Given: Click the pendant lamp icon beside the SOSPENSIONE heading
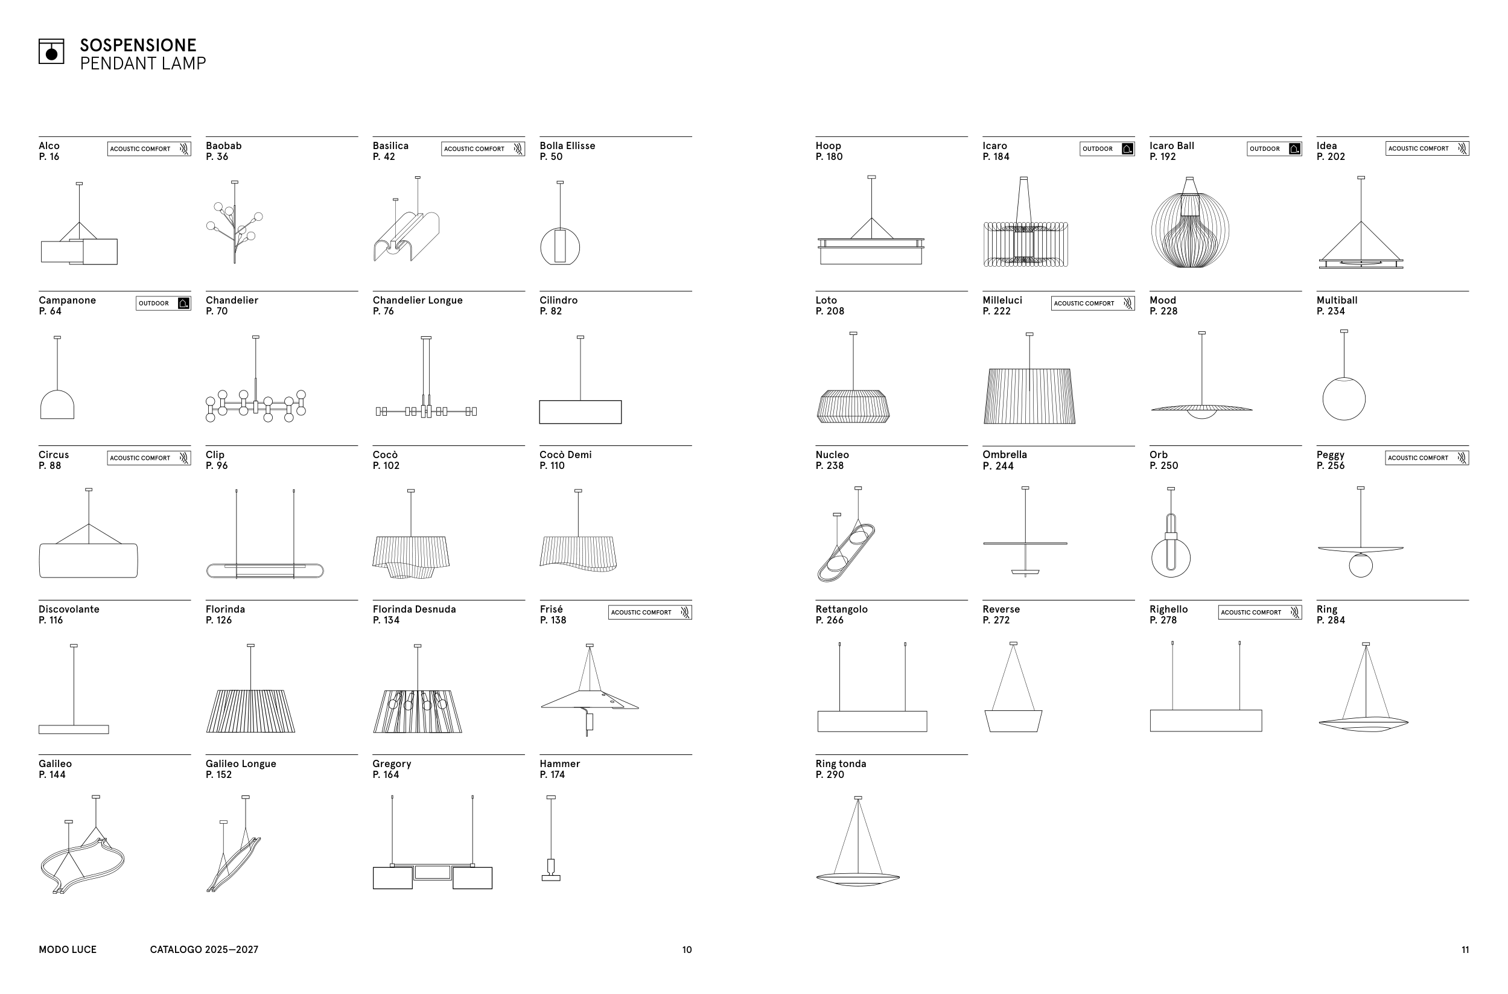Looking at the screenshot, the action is [51, 51].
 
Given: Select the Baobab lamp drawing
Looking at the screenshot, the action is [235, 222].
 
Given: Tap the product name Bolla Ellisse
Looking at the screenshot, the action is [567, 146].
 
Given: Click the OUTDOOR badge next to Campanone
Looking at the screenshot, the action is [164, 303].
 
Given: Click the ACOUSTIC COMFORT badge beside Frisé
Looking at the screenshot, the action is [650, 613].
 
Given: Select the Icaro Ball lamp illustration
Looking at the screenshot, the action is [1190, 222].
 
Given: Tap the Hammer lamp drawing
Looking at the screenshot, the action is [551, 838].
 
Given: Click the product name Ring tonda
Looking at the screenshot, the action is [841, 764].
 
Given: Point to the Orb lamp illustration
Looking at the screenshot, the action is [1171, 532].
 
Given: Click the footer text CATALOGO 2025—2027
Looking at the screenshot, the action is [204, 949].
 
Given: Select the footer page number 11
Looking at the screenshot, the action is [1465, 949].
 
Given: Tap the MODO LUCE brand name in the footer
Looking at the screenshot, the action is [68, 949].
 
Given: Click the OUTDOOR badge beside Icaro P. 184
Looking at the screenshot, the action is [1107, 149].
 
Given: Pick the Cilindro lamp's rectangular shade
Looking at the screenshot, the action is [580, 412].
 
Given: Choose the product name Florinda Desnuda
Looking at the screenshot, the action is [414, 609].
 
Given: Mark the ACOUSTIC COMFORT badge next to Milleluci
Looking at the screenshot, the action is [1093, 303].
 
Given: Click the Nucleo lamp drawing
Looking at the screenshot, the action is [846, 534].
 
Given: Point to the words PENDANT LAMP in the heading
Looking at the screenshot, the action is [142, 63].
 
